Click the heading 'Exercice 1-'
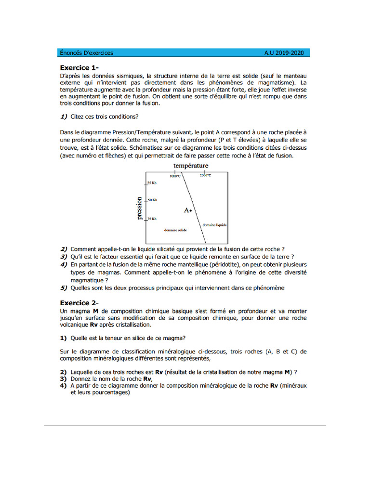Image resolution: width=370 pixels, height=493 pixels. point(80,67)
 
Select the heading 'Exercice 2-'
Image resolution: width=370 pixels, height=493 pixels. point(80,303)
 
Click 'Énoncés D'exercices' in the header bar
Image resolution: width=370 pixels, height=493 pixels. point(87,53)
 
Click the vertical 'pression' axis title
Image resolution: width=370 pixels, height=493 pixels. point(140,208)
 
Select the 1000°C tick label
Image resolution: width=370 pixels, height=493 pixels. point(175,176)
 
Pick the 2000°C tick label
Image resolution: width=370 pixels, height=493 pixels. point(205,176)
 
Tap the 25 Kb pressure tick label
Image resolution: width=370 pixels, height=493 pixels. point(152,183)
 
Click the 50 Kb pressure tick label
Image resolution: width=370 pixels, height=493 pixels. point(152,200)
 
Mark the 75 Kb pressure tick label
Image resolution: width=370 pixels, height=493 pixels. point(152,219)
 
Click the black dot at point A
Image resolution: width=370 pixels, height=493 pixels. point(191,211)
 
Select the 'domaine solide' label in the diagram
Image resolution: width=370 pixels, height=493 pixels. point(175,230)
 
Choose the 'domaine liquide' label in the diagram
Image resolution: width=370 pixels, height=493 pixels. point(214,225)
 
